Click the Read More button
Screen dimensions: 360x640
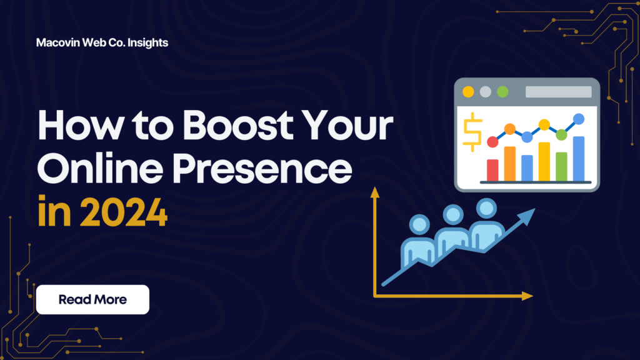tap(92, 299)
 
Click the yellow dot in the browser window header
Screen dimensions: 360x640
tap(467, 92)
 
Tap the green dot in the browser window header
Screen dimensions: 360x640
tap(502, 92)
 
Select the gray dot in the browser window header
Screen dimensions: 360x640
tap(485, 92)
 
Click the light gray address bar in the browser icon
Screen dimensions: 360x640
tap(558, 92)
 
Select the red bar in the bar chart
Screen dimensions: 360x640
tap(492, 169)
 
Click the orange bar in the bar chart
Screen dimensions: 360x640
tap(509, 163)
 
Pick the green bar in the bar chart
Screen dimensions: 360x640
tap(561, 166)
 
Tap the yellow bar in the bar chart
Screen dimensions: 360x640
tap(544, 161)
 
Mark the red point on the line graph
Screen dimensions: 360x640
tap(492, 142)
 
